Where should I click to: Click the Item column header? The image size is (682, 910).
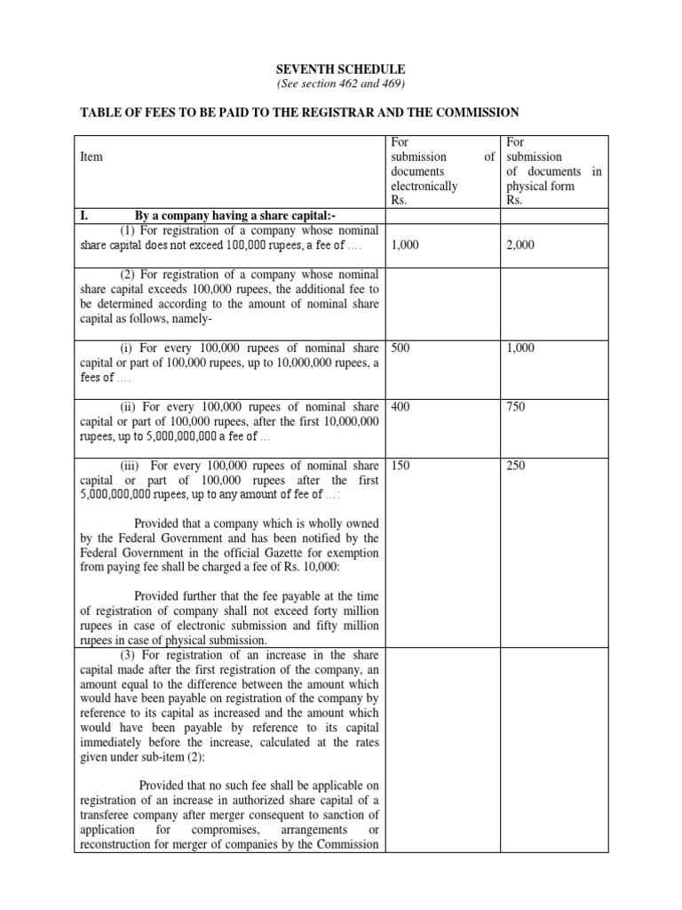point(91,156)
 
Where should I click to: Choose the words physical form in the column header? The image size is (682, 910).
point(540,186)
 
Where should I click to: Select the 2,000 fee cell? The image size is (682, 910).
point(520,245)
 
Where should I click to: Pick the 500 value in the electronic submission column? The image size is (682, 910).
point(400,348)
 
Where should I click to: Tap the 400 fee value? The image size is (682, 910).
point(400,407)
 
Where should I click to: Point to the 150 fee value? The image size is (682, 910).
point(400,466)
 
